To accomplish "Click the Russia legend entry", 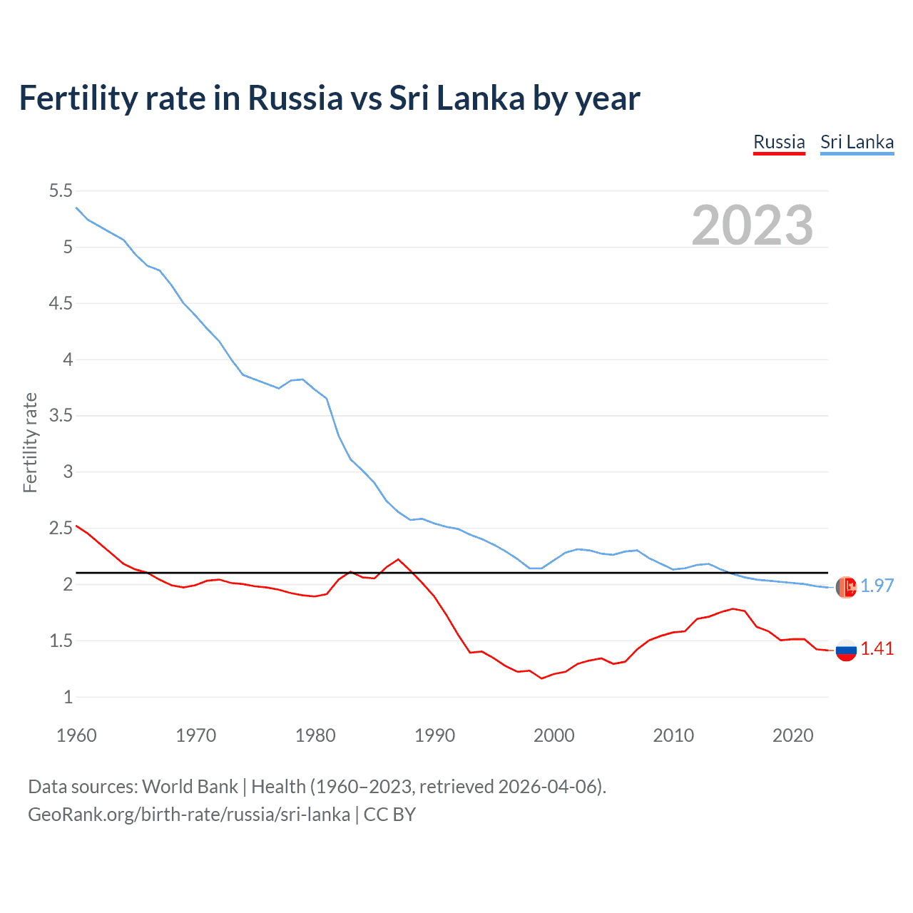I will [779, 142].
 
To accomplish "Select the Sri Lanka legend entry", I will [857, 142].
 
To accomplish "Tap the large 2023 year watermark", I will [753, 225].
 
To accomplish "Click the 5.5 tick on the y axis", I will [61, 190].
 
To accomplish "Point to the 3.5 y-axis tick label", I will [61, 415].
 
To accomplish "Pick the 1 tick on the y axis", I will [68, 697].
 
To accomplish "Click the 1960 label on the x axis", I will [76, 735].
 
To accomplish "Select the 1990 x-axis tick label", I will [434, 735].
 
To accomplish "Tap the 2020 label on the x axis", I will [792, 735].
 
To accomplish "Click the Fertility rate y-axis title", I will [30, 442].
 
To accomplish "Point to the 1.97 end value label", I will [877, 586].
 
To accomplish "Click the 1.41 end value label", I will [877, 648].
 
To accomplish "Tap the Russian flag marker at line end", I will [846, 650].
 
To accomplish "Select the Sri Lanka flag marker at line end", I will [846, 587].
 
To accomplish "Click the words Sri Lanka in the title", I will [456, 98].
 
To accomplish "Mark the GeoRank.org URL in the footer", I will [189, 814].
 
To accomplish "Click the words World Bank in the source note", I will [190, 786].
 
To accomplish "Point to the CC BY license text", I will [389, 814].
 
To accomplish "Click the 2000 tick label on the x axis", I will [554, 735].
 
